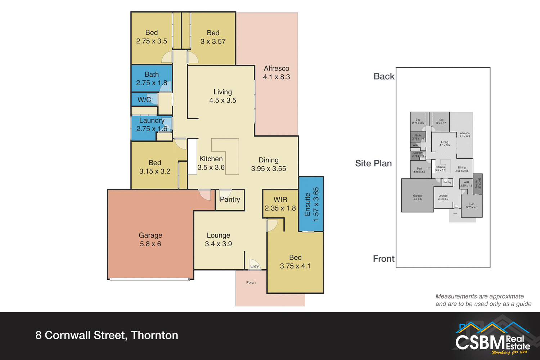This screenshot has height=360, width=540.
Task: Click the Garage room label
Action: click(x=150, y=239)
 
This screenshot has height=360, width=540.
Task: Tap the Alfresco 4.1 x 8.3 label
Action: click(x=276, y=73)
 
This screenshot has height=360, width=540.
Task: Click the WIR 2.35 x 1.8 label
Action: click(x=280, y=204)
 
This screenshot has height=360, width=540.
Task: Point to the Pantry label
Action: click(x=230, y=199)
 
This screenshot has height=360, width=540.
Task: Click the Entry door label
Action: click(x=255, y=266)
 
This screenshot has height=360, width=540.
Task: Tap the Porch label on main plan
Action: click(x=251, y=283)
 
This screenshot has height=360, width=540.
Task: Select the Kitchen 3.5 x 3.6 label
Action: click(x=211, y=163)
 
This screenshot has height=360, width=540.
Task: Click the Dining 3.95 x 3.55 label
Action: click(x=269, y=164)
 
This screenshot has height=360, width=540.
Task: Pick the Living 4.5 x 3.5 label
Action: click(x=222, y=96)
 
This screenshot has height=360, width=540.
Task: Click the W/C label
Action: click(x=144, y=100)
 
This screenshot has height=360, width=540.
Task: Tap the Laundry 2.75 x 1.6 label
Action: click(x=152, y=125)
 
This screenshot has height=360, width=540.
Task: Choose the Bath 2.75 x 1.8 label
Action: click(x=152, y=78)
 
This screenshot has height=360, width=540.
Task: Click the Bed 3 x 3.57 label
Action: click(x=213, y=37)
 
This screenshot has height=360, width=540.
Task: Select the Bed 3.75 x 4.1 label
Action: click(x=295, y=262)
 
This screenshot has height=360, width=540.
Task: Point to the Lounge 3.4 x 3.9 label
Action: click(x=218, y=239)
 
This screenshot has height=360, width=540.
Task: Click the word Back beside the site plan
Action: click(x=384, y=76)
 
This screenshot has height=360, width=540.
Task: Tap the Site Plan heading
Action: click(x=373, y=163)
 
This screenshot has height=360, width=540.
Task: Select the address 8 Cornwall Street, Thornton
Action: click(x=107, y=335)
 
